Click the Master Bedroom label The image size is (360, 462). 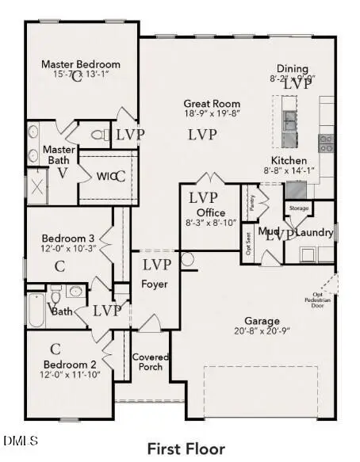coord(81,64)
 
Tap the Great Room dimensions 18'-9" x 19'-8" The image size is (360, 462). coord(212,113)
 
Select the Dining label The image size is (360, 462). coord(293,68)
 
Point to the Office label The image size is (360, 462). coord(211,212)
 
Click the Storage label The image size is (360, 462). coord(299,208)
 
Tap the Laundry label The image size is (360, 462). coord(315,233)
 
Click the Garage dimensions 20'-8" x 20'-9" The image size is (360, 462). coord(262,331)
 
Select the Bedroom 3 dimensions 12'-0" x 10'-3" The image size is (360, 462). coord(70,249)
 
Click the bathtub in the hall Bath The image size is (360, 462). coord(36,310)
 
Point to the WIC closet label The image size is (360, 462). coord(106,176)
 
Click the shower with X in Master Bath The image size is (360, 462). coord(38,187)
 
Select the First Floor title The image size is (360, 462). coord(186,449)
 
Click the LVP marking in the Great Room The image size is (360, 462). coord(202,135)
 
